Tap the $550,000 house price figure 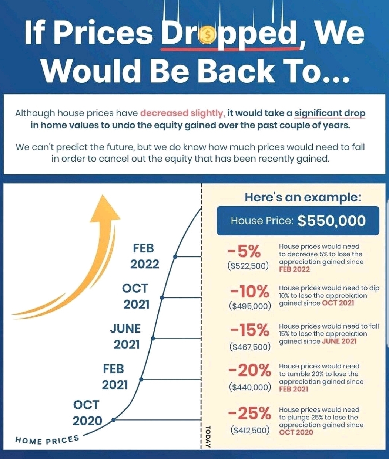click(331, 221)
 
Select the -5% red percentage click(244, 252)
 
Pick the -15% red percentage click(249, 330)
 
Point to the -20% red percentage click(249, 370)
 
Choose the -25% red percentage click(249, 414)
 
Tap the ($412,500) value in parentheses click(250, 431)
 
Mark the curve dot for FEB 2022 click(175, 257)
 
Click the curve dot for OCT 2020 click(113, 420)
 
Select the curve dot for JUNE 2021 click(153, 339)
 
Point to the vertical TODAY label click(208, 436)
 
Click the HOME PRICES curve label click(47, 440)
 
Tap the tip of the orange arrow click(102, 195)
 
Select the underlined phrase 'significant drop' click(330, 113)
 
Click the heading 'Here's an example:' click(303, 197)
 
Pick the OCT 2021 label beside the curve click(136, 296)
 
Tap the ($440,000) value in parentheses click(250, 387)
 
